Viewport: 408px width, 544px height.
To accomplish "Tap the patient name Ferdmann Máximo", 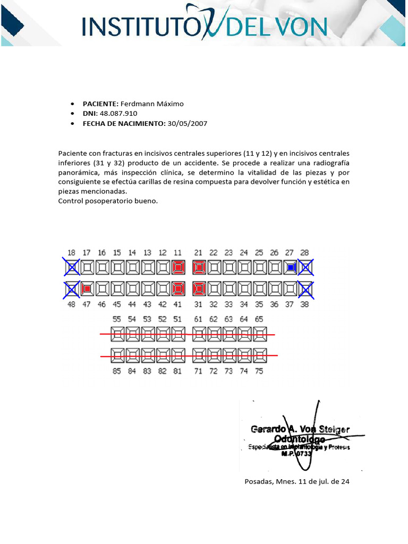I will click(152, 104).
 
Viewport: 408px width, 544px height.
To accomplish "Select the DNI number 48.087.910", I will click(115, 113).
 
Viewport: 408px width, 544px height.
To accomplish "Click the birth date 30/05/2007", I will click(187, 123).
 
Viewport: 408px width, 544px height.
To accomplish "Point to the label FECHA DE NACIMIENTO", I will click(124, 123).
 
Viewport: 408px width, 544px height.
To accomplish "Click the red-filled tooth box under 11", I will click(178, 267).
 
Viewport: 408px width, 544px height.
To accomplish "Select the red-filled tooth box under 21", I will click(199, 267).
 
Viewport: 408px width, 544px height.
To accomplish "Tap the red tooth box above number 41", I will click(178, 289).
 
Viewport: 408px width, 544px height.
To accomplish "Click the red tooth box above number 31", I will click(199, 289).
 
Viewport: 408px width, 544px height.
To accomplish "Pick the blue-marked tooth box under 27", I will click(290, 267).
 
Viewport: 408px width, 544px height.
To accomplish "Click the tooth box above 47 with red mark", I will click(87, 289).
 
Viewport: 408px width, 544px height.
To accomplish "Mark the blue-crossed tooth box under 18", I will click(72, 267).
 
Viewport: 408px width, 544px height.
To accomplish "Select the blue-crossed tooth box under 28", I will click(305, 267).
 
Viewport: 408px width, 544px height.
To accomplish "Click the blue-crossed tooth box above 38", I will click(305, 289).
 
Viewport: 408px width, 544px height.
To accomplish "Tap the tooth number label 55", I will click(117, 319).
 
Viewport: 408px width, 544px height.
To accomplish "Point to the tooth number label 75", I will click(259, 371).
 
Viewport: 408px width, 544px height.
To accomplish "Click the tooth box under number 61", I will click(199, 334).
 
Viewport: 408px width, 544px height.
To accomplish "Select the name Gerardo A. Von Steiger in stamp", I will click(300, 429).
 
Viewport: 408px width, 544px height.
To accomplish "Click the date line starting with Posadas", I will click(296, 482).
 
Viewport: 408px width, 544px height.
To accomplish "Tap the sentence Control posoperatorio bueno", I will click(108, 201).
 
